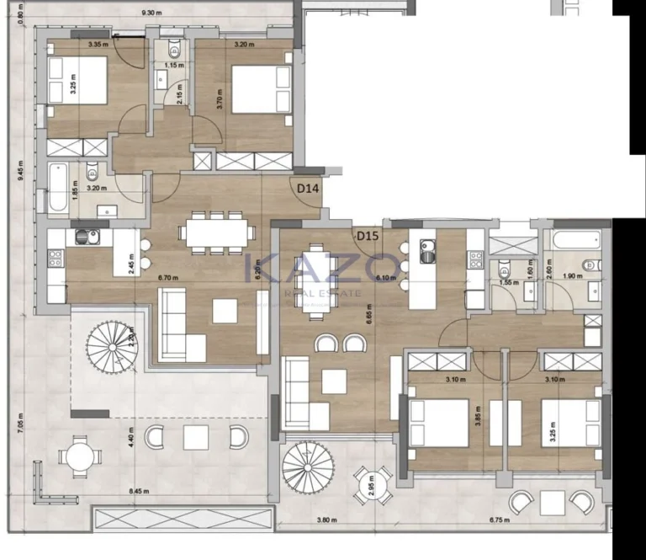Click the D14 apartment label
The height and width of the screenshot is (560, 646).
click(x=308, y=189)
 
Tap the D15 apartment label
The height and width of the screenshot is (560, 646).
click(x=366, y=237)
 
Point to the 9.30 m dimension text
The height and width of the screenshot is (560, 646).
click(x=152, y=13)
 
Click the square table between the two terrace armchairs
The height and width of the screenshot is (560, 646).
click(x=196, y=437)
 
